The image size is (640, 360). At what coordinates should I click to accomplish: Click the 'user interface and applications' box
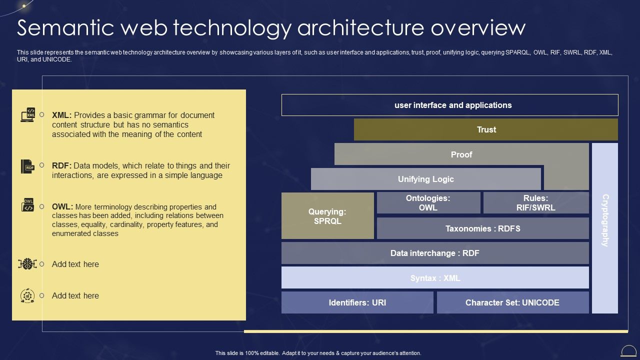(449, 105)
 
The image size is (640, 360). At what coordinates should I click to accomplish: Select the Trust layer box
(485, 129)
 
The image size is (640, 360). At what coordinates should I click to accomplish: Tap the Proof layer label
(461, 154)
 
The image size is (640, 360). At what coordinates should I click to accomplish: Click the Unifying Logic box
(425, 179)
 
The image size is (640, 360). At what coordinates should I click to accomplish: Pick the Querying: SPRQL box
(327, 216)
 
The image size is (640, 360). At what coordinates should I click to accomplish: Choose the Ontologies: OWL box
(428, 202)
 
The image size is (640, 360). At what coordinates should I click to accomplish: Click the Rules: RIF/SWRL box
(535, 202)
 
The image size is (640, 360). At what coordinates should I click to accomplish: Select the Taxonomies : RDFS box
(482, 228)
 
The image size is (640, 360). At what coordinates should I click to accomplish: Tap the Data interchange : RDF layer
(434, 253)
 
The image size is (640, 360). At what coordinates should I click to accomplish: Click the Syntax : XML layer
(434, 277)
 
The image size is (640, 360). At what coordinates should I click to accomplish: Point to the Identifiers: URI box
(357, 302)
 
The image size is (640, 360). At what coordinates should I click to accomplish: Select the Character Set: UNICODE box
(512, 302)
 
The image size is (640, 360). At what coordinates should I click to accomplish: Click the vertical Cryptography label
(604, 220)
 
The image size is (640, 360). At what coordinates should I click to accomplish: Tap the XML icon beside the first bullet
(27, 115)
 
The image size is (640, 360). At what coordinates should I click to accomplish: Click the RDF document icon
(27, 166)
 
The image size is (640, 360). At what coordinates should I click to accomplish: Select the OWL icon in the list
(27, 205)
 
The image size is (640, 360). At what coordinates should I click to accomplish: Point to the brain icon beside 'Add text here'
(27, 264)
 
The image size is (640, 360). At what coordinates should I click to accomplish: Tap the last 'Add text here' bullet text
(75, 295)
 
